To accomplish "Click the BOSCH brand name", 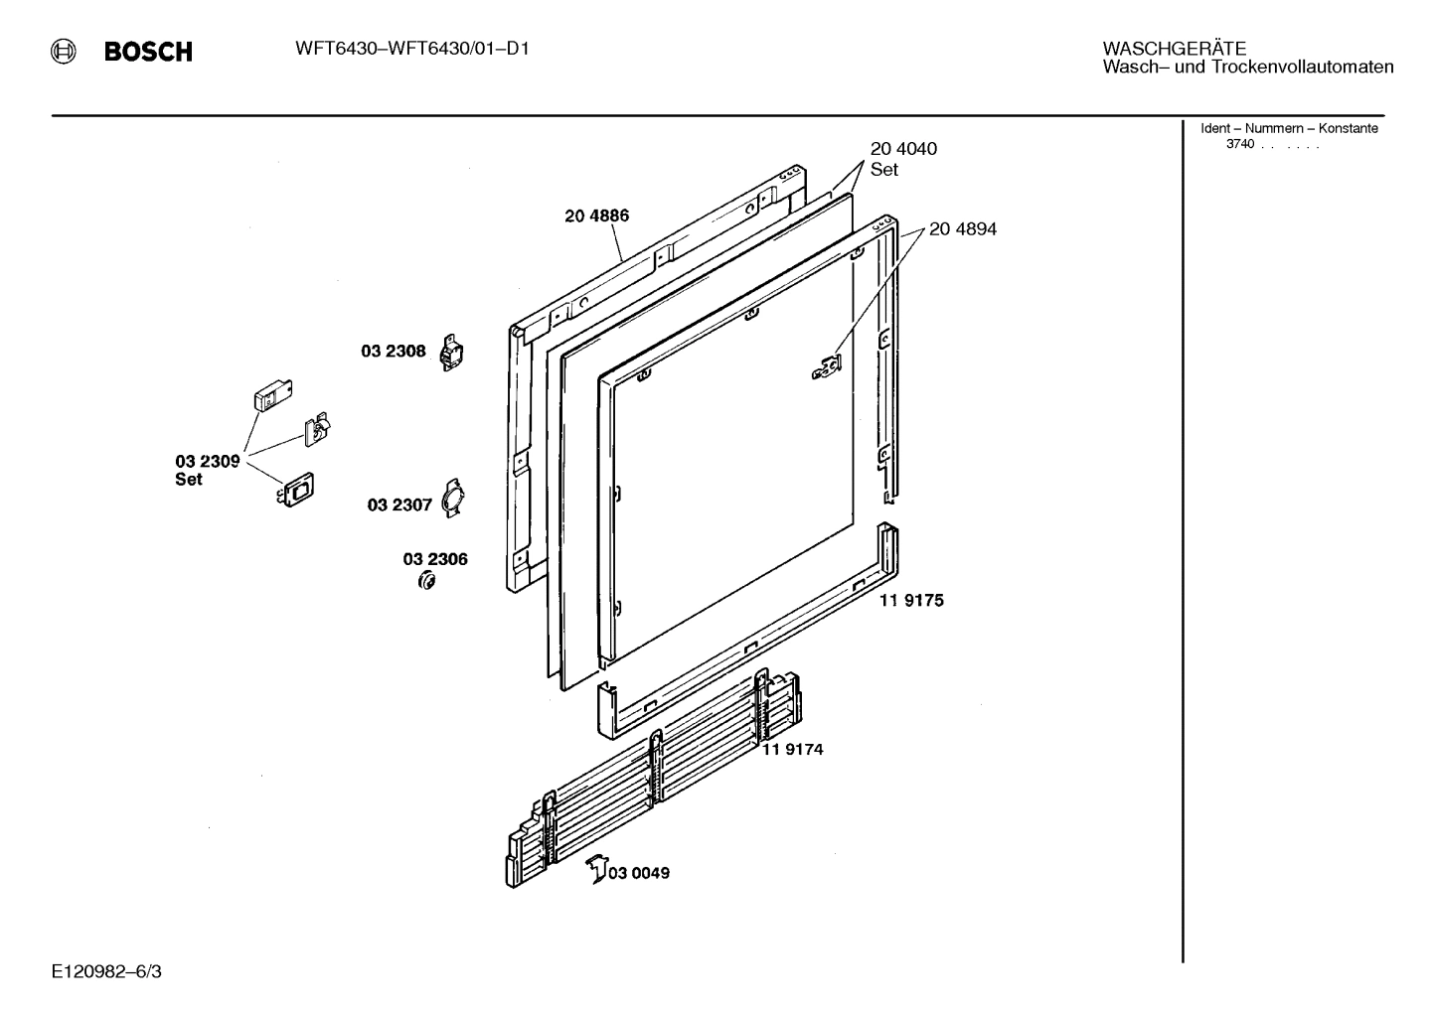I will (x=148, y=53).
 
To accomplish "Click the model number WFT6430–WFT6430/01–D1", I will (x=411, y=48).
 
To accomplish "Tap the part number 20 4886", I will (x=596, y=216).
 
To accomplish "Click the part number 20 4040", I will (x=903, y=149).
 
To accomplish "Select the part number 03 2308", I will (x=393, y=351).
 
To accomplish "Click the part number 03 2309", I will (x=208, y=461).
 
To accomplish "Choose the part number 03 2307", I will (x=399, y=505).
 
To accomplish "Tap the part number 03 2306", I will (x=435, y=559).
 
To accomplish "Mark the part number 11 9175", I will (x=911, y=600).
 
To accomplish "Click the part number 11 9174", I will (x=792, y=749).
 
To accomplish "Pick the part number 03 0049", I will (x=638, y=873).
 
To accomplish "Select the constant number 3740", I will (x=1239, y=144).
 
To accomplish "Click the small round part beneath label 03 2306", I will (x=427, y=581).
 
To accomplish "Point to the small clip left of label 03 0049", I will (x=595, y=868).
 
